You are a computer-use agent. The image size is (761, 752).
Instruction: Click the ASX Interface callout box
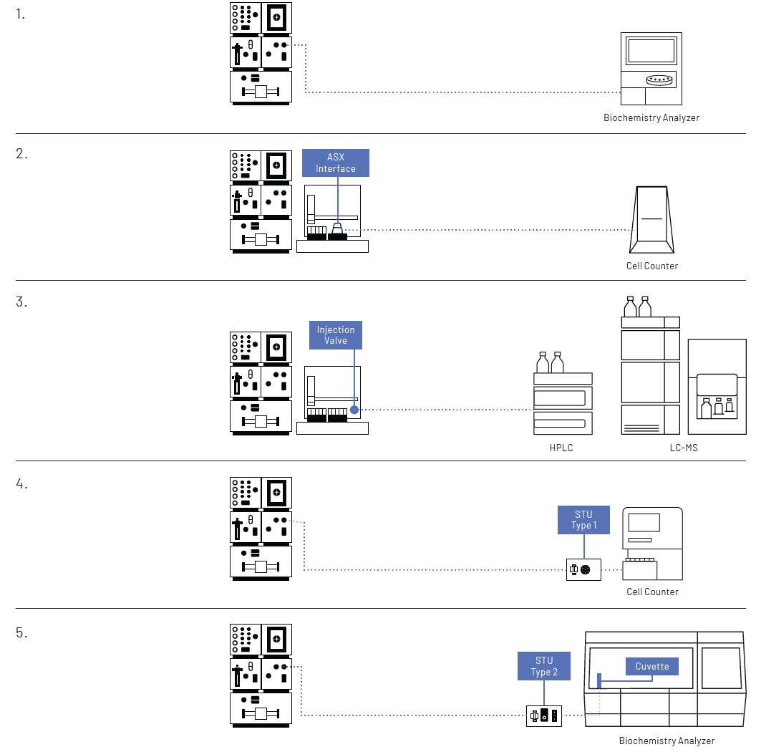pyautogui.click(x=336, y=163)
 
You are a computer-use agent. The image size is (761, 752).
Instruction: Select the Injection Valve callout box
pyautogui.click(x=336, y=335)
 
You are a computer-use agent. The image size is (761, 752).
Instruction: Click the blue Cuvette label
pyautogui.click(x=652, y=667)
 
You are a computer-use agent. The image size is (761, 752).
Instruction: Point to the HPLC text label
pyautogui.click(x=561, y=448)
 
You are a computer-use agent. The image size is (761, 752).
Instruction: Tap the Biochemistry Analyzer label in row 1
pyautogui.click(x=651, y=117)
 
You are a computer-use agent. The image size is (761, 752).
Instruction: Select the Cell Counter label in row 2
pyautogui.click(x=651, y=266)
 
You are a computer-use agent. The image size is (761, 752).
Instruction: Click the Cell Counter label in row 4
pyautogui.click(x=651, y=592)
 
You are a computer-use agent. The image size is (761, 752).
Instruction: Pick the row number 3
pyautogui.click(x=21, y=302)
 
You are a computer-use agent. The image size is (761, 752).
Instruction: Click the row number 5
pyautogui.click(x=21, y=633)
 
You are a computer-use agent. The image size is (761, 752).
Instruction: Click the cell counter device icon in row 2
pyautogui.click(x=651, y=219)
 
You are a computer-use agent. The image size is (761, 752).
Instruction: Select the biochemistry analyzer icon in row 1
pyautogui.click(x=651, y=70)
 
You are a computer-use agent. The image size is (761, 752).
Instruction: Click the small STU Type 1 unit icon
pyautogui.click(x=583, y=570)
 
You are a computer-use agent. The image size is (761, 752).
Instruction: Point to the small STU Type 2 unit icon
pyautogui.click(x=543, y=715)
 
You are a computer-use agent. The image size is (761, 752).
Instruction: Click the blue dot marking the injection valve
pyautogui.click(x=354, y=410)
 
